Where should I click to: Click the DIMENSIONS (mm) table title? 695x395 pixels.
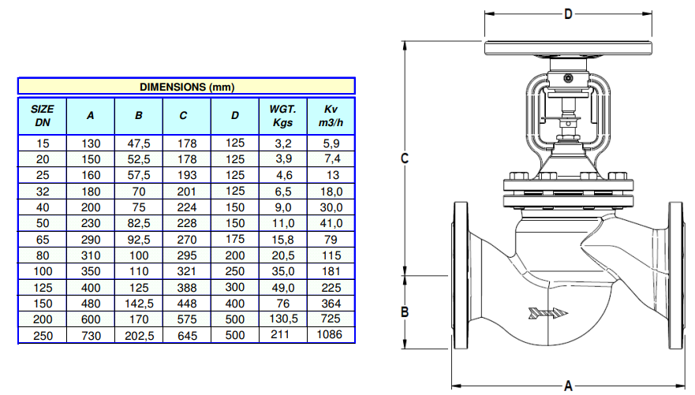187,87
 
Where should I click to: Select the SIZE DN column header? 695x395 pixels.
43,116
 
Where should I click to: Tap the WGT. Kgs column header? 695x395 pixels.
282,116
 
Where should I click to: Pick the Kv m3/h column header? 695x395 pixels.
331,116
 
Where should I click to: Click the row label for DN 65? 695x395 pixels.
43,240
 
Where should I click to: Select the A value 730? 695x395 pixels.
91,336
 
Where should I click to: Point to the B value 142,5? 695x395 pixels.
139,304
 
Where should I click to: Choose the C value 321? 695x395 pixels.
187,271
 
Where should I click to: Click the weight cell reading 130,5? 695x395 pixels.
282,319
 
